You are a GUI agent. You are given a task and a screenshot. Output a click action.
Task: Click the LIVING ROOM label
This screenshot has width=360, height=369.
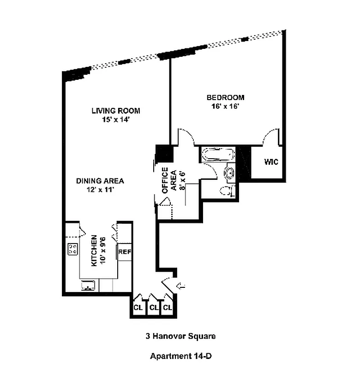(116, 111)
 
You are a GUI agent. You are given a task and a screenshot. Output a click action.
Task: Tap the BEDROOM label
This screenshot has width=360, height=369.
(225, 97)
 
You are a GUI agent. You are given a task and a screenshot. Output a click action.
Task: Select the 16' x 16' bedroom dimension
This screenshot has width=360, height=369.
(225, 107)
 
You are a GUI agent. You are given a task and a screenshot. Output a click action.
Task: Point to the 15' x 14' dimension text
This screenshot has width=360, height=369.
(116, 119)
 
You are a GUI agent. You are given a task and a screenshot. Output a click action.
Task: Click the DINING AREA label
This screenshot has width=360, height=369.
(100, 181)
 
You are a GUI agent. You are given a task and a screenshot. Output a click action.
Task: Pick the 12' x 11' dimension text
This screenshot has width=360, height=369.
(100, 190)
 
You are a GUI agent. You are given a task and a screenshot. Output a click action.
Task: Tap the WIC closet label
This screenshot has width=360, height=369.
(271, 162)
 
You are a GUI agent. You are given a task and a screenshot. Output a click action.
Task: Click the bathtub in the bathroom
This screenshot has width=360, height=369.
(219, 155)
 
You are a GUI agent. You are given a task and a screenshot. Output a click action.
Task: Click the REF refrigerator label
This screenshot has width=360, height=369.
(125, 252)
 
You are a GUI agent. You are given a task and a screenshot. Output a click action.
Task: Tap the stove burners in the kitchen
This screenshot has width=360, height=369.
(73, 249)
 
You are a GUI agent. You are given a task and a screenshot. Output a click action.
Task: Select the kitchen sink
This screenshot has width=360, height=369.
(88, 285)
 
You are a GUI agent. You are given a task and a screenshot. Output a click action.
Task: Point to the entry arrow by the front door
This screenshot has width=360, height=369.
(181, 286)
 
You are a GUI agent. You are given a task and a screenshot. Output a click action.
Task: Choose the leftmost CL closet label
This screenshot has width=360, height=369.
(138, 307)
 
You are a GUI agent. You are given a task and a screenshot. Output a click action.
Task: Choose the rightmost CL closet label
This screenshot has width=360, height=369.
(168, 307)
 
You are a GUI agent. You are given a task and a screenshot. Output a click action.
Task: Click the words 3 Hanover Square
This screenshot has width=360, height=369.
(180, 336)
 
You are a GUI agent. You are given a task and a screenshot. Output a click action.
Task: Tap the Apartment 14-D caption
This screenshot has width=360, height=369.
(181, 356)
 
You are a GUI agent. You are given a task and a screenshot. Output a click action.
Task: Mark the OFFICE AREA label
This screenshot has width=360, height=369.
(169, 180)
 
